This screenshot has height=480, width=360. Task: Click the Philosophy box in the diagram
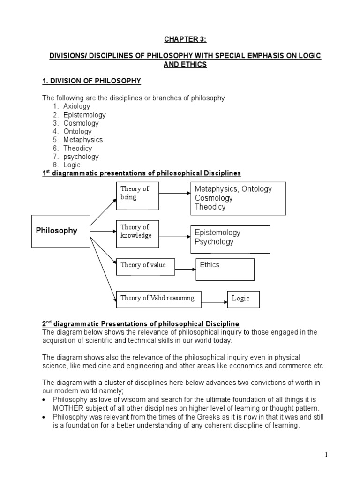(60, 231)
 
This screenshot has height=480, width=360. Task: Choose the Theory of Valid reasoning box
(158, 298)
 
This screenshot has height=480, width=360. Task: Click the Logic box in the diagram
(243, 299)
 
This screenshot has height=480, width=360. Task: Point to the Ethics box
(225, 269)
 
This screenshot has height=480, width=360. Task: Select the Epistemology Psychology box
(230, 239)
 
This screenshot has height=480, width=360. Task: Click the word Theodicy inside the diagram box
(210, 207)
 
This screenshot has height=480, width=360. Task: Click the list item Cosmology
(81, 123)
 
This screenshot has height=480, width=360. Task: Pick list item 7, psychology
(81, 157)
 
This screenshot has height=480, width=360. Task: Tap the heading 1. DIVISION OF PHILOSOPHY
(92, 81)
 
